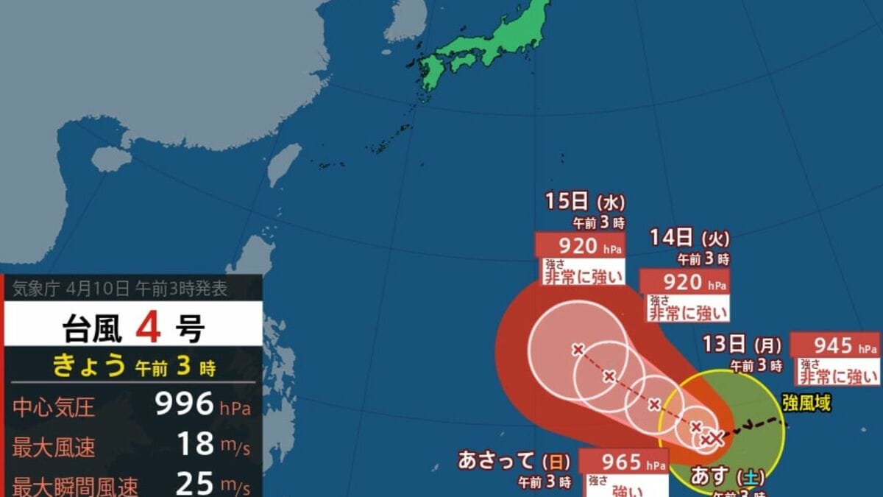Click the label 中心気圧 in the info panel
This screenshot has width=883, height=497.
coord(54,406)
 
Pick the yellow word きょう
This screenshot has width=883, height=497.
coord(87,365)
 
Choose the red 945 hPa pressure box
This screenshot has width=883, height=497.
coord(834,345)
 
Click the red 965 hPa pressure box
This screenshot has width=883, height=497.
coord(624,462)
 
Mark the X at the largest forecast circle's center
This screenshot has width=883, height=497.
coord(578,349)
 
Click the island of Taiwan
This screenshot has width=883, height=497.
coord(284,164)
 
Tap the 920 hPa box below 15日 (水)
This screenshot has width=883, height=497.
coord(580,245)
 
